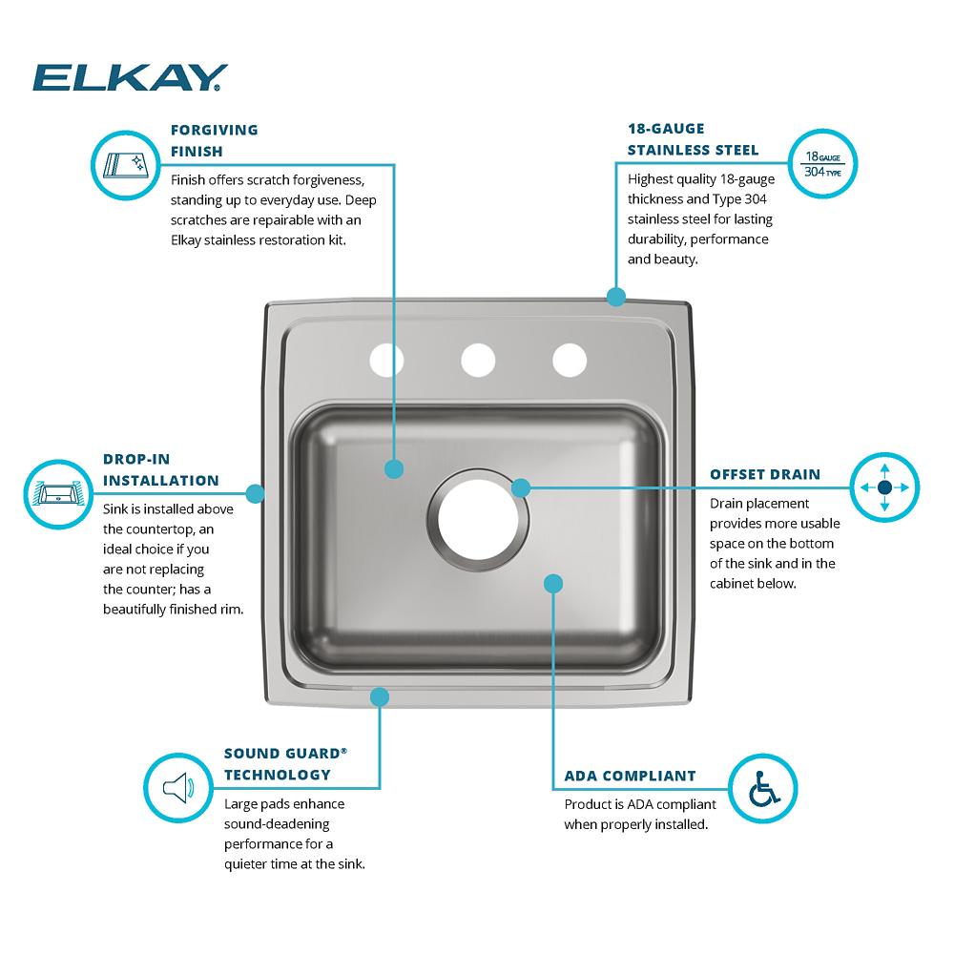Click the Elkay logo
(x=130, y=77)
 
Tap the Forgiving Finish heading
(x=214, y=140)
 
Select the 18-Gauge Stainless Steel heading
(x=693, y=139)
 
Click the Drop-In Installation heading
(x=160, y=469)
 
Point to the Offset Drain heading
(x=765, y=474)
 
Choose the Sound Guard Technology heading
(x=285, y=764)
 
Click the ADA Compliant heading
(x=630, y=776)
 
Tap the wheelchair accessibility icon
(x=763, y=789)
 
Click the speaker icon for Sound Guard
(x=178, y=788)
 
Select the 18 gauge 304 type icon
(x=822, y=164)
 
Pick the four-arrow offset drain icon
(x=884, y=487)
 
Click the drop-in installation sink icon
(x=58, y=494)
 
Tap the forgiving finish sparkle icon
(x=125, y=165)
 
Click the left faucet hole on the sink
(x=386, y=361)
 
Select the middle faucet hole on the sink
(x=478, y=361)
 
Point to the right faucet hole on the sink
(x=570, y=361)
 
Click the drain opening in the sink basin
(x=478, y=520)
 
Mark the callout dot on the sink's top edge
(x=616, y=297)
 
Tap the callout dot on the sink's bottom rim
(x=380, y=696)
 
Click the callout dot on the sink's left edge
(x=256, y=493)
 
